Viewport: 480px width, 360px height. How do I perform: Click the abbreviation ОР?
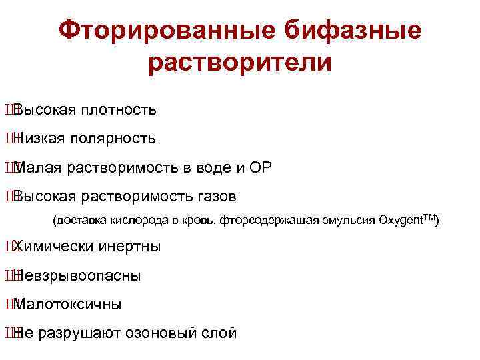tap(259, 168)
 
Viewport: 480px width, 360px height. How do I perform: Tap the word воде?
tap(211, 168)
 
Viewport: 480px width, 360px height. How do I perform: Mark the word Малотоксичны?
tap(67, 305)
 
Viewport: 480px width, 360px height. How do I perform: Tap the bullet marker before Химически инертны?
tap(8, 247)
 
